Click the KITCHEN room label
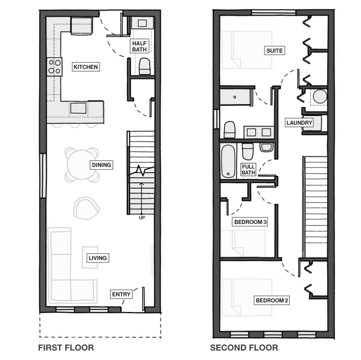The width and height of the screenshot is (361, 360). pyautogui.click(x=86, y=67)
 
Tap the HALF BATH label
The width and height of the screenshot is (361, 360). pyautogui.click(x=139, y=46)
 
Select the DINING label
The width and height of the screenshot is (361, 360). pyautogui.click(x=101, y=165)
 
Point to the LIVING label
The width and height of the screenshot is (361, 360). pyautogui.click(x=98, y=258)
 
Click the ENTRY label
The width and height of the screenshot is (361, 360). pyautogui.click(x=121, y=294)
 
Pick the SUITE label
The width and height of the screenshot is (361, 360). pyautogui.click(x=274, y=50)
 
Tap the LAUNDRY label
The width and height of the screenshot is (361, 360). pyautogui.click(x=299, y=123)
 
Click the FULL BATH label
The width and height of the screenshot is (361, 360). pyautogui.click(x=248, y=169)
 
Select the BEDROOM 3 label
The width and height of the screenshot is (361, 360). pyautogui.click(x=250, y=222)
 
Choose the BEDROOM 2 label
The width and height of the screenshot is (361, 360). pyautogui.click(x=272, y=300)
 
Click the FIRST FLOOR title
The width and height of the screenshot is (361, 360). pyautogui.click(x=66, y=347)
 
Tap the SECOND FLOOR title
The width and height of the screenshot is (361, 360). pyautogui.click(x=244, y=347)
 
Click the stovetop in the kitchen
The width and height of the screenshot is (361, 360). pyautogui.click(x=55, y=66)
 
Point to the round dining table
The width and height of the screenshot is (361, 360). pyautogui.click(x=82, y=164)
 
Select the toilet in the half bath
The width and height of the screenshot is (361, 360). pyautogui.click(x=145, y=66)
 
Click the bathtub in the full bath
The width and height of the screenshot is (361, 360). pyautogui.click(x=228, y=161)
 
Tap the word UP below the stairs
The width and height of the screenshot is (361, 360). pyautogui.click(x=142, y=218)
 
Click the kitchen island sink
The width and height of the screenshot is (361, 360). pyautogui.click(x=78, y=108)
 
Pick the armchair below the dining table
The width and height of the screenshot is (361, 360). pyautogui.click(x=86, y=208)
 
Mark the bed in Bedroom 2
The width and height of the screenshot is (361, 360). pyautogui.click(x=247, y=297)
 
